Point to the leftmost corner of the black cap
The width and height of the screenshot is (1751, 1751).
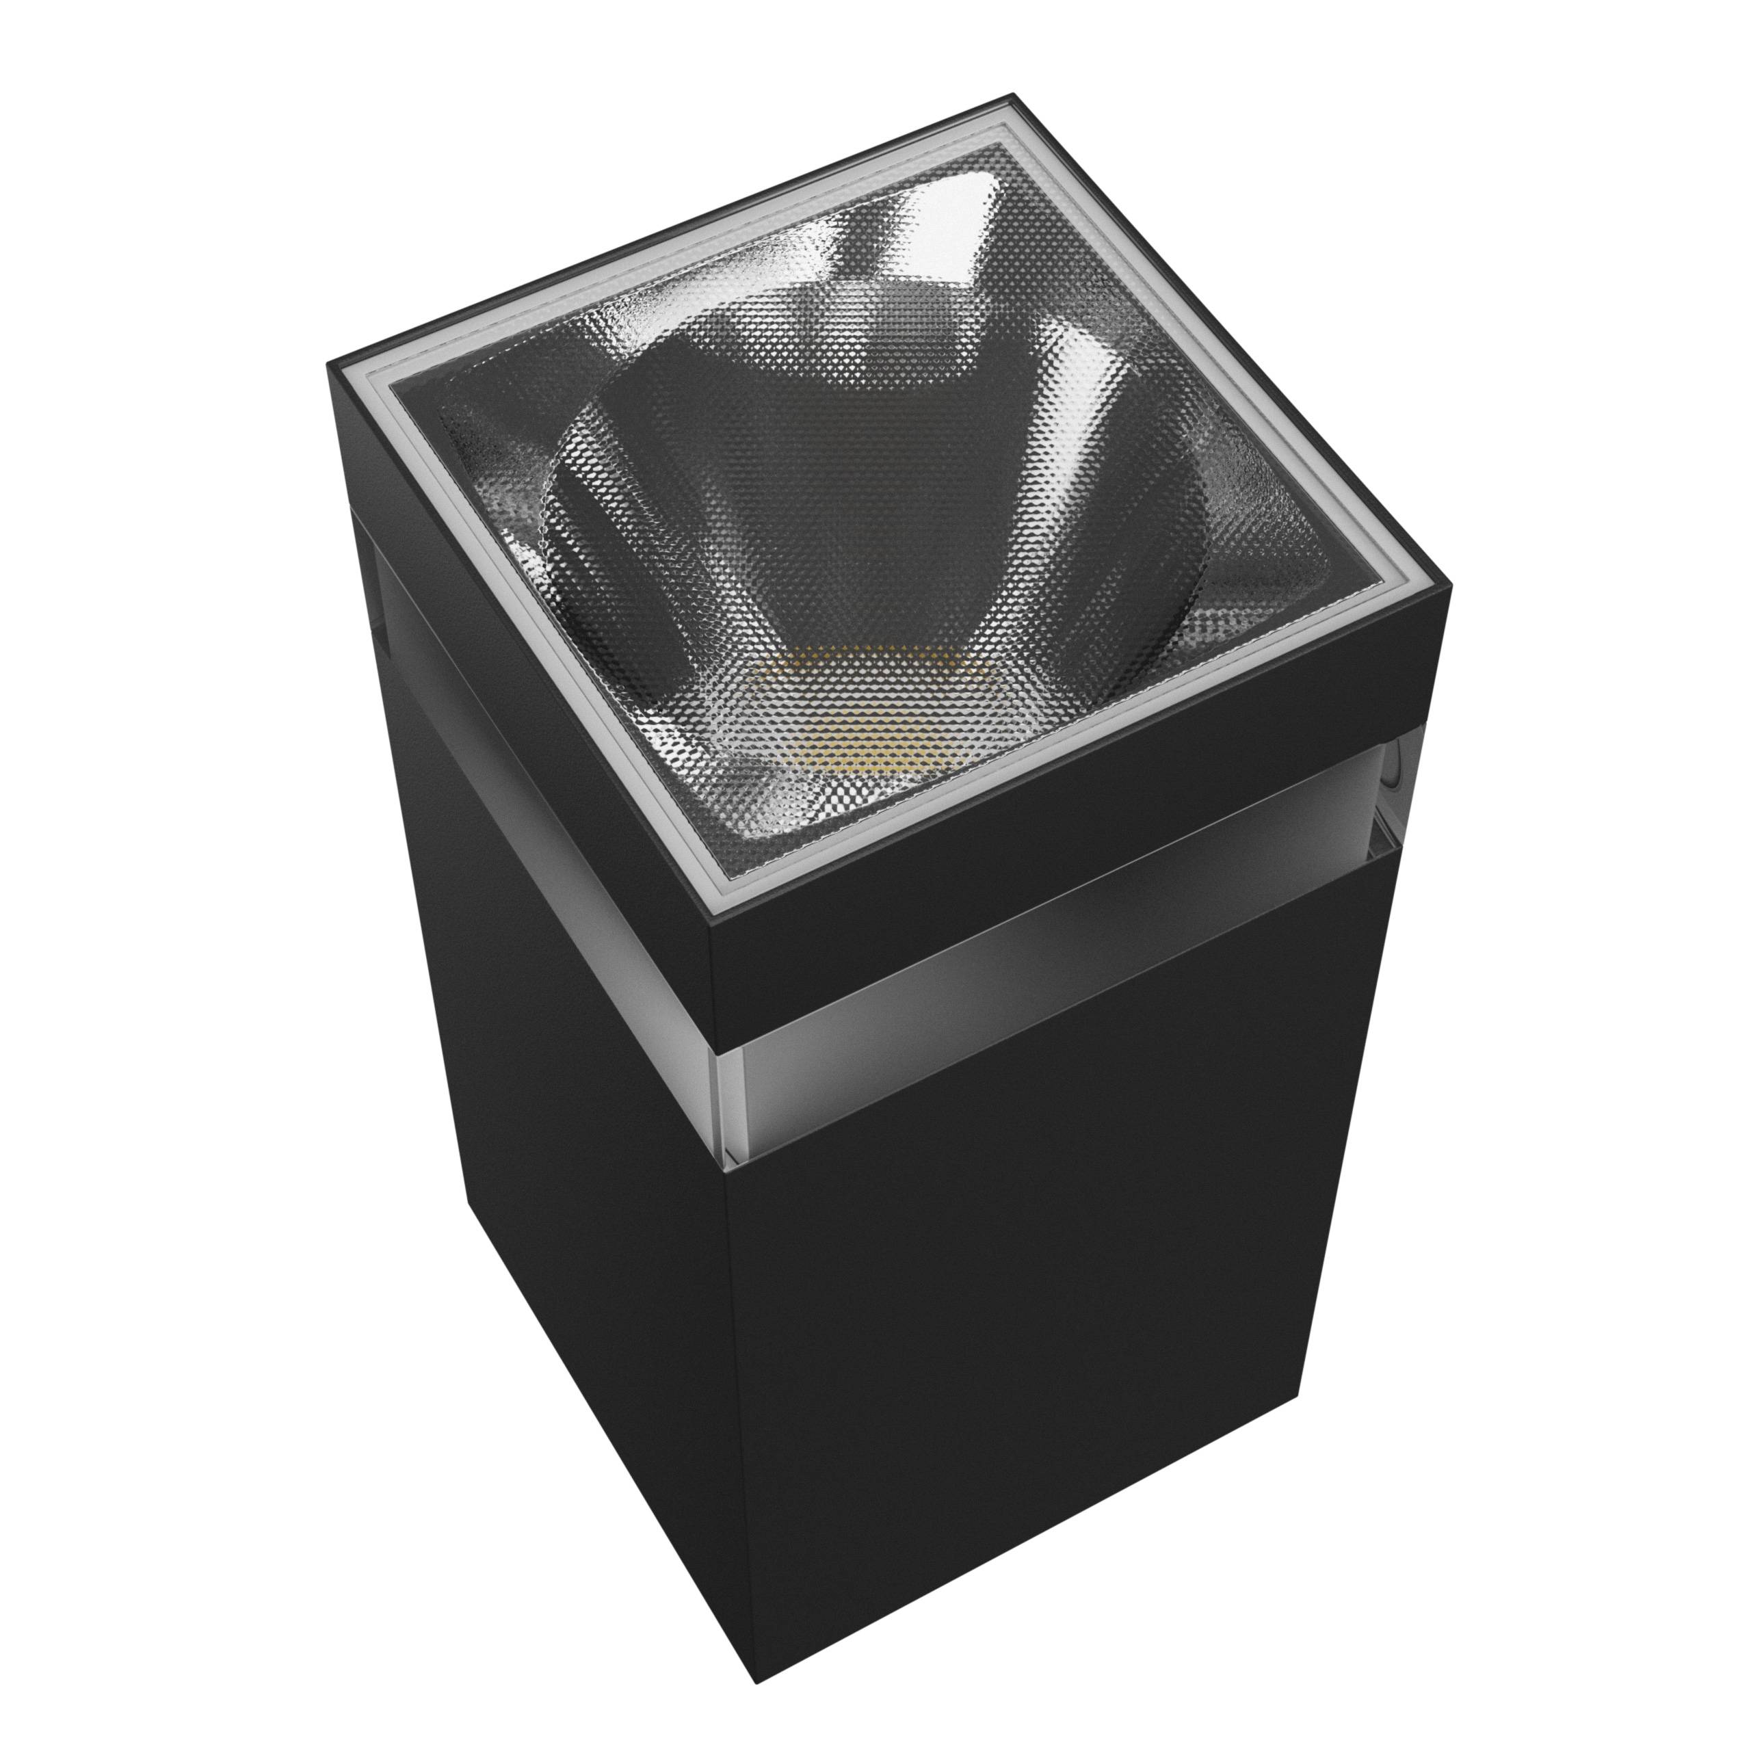[328, 365]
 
